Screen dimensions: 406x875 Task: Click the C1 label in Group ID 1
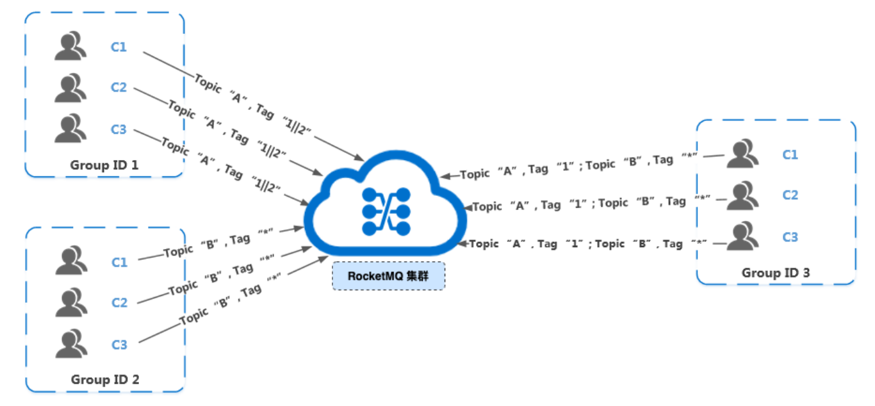[119, 47]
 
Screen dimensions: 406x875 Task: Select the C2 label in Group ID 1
[119, 88]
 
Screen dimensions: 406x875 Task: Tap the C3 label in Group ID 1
[119, 129]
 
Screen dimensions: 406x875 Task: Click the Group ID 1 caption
[104, 165]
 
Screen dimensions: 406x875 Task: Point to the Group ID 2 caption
[105, 379]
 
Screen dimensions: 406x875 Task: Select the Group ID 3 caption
[776, 273]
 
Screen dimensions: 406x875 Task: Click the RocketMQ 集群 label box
[388, 277]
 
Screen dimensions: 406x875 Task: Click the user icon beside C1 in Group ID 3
[742, 154]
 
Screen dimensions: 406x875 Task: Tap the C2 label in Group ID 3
[790, 195]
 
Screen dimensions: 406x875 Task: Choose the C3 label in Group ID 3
[790, 237]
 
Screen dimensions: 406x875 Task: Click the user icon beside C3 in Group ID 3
[742, 236]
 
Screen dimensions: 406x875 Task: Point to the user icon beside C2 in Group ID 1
[70, 88]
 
